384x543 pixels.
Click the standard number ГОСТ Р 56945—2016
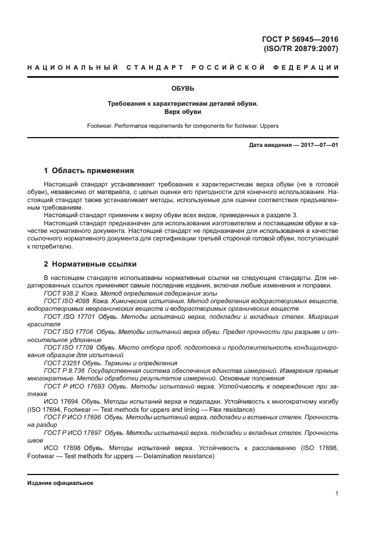click(x=300, y=39)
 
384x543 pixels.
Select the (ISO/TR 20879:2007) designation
click(x=301, y=49)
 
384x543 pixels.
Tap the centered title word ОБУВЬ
click(x=182, y=89)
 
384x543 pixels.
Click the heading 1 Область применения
click(x=89, y=171)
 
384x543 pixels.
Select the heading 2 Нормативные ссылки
click(x=89, y=264)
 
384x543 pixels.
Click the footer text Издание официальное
click(x=60, y=483)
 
